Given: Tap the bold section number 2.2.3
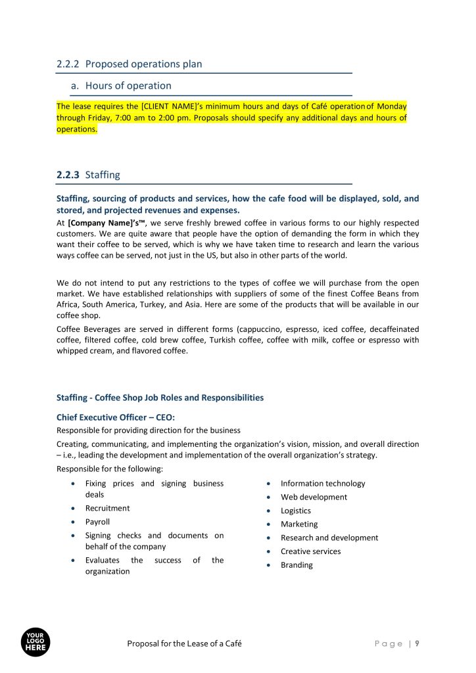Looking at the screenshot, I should [68, 175].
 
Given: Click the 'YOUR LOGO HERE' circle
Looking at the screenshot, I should [36, 641].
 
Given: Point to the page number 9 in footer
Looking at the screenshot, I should [417, 643].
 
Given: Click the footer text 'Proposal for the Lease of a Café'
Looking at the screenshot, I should [184, 643].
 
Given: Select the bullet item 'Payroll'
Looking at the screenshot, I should [97, 522].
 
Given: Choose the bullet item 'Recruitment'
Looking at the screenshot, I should [107, 508].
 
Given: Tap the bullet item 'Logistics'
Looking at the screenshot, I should [296, 511].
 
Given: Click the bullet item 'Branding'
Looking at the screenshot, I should [297, 565].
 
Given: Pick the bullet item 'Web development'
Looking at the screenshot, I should [314, 497].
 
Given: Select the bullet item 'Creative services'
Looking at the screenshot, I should [310, 551].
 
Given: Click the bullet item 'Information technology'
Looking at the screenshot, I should [322, 483].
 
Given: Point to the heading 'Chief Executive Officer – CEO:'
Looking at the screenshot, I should [116, 417].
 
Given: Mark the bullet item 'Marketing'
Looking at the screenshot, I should [298, 524].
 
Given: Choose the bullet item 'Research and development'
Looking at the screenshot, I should [329, 538].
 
